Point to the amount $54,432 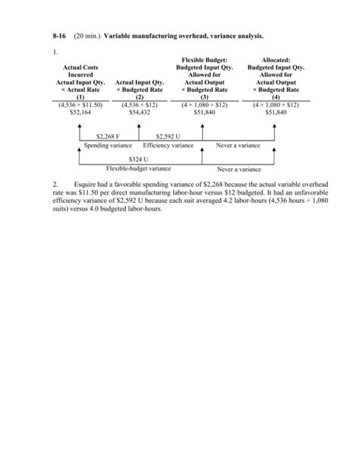pyautogui.click(x=139, y=110)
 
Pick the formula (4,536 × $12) pyautogui.click(x=139, y=103)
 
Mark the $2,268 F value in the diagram pyautogui.click(x=108, y=137)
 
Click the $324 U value pyautogui.click(x=138, y=160)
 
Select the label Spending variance pyautogui.click(x=107, y=144)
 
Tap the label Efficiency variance pyautogui.click(x=168, y=144)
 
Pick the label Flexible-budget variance pyautogui.click(x=138, y=168)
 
